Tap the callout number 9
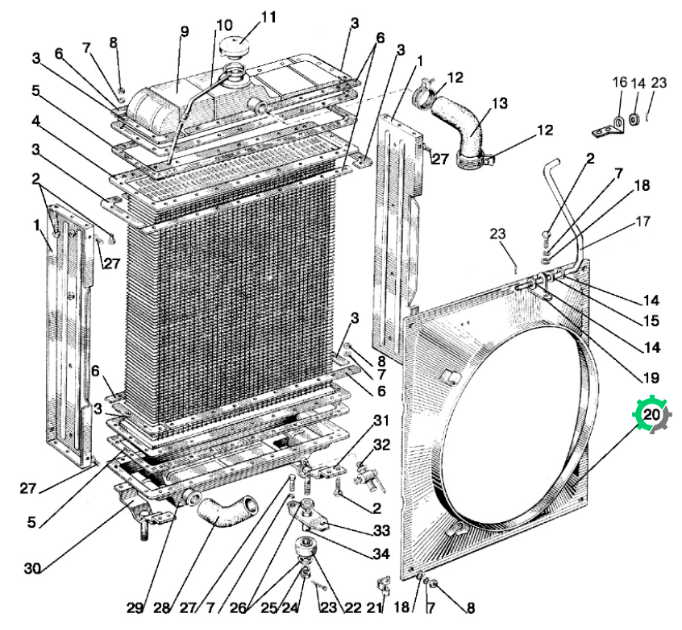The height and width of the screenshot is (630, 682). point(185,31)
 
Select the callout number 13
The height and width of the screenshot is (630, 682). point(500,103)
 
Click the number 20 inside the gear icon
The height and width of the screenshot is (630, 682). point(651,414)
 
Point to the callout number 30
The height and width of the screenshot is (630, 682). point(32,568)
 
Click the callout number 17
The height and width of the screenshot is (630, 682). point(642,222)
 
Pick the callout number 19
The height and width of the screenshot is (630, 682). point(651,378)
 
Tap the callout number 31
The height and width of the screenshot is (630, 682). point(381,421)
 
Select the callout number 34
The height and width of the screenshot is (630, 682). point(381,554)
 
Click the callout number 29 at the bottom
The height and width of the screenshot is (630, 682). point(135,607)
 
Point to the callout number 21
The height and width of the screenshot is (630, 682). point(373,607)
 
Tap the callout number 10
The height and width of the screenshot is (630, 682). point(224,25)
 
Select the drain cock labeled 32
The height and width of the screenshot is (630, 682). point(368,478)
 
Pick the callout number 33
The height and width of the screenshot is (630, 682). point(381,530)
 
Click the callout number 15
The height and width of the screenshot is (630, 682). point(651,321)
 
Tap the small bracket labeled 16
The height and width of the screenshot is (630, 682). point(609,127)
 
